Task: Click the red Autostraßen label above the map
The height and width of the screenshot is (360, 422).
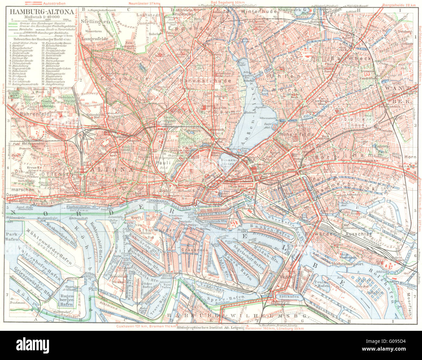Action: pyautogui.click(x=53, y=3)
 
